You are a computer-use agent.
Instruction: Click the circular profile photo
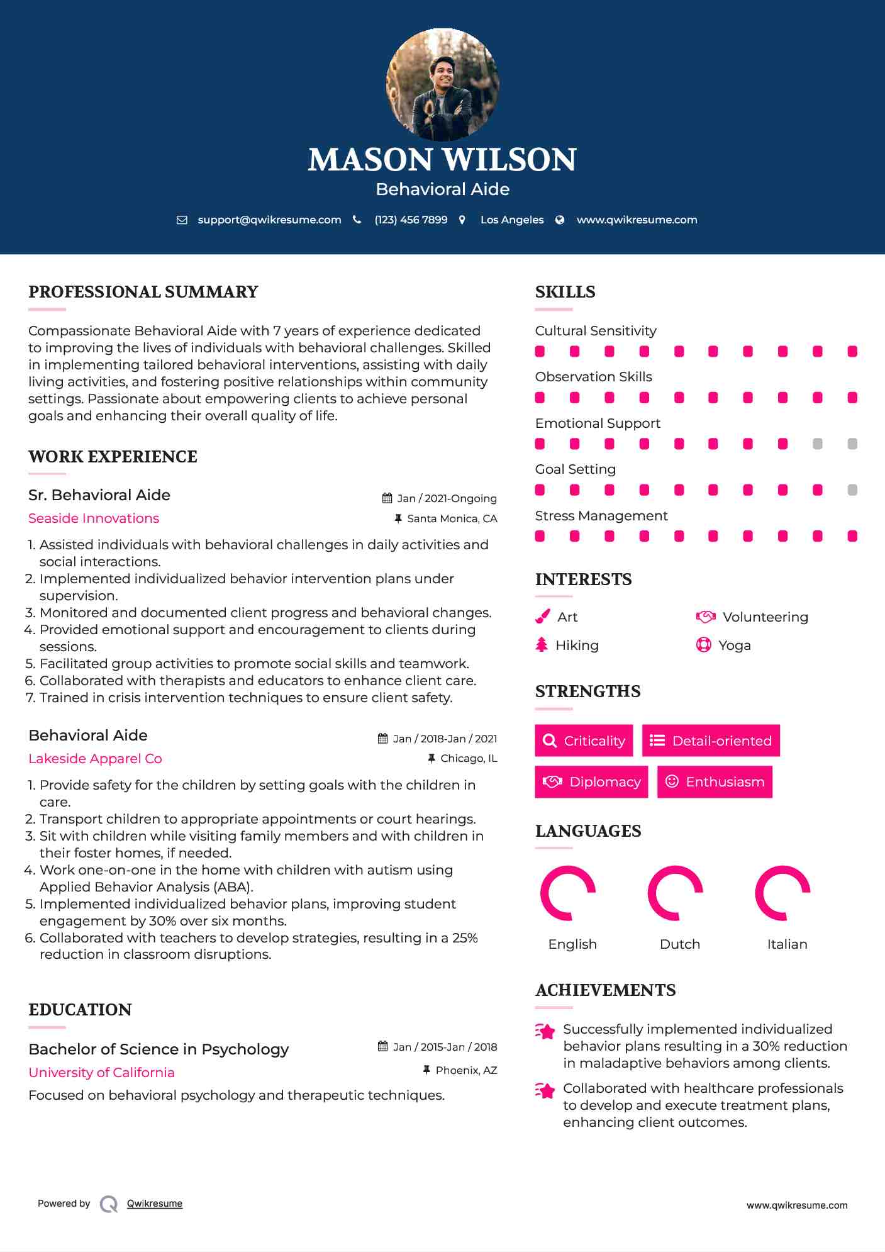tap(442, 84)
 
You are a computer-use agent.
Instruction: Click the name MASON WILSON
tap(442, 160)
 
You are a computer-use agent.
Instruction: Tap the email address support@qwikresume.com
tap(269, 220)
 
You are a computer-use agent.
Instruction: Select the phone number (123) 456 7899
tap(411, 220)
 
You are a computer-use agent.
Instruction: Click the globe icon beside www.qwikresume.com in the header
tap(560, 220)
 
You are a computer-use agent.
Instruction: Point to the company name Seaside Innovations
tap(94, 518)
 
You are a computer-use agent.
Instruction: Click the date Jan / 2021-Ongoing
tap(447, 498)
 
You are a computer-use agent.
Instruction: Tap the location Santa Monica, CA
tap(452, 519)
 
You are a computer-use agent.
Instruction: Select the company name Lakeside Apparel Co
tap(95, 759)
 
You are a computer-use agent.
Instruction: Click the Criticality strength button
tap(584, 741)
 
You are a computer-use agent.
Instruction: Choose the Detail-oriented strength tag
tap(711, 741)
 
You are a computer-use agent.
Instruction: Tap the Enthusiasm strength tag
tap(715, 782)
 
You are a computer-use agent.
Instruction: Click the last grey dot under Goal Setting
tap(852, 490)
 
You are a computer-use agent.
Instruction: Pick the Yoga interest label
tap(735, 646)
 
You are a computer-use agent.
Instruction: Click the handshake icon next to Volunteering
tap(706, 617)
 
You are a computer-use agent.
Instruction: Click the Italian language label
tap(787, 944)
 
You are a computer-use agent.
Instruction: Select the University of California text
tap(101, 1073)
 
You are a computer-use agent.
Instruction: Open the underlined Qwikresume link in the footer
tap(155, 1204)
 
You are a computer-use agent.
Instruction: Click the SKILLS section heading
tap(565, 292)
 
